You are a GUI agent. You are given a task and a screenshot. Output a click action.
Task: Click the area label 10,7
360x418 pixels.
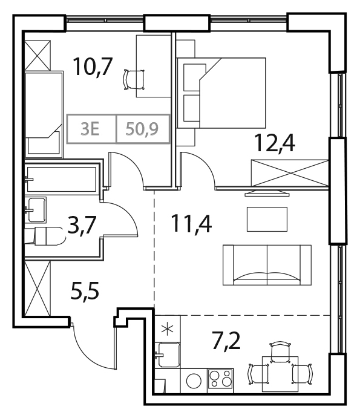92,67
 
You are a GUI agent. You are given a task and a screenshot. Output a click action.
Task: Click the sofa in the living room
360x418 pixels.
266,265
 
